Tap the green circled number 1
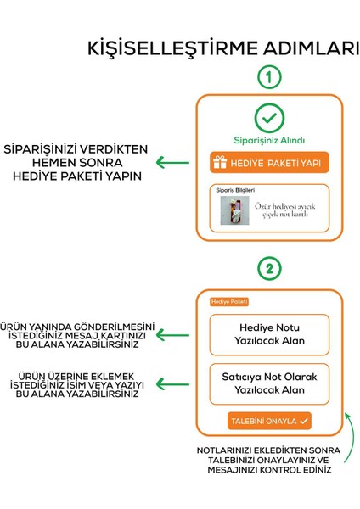pos(268,77)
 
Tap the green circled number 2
pos(268,270)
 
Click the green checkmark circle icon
pos(269,118)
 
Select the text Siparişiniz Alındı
pos(269,140)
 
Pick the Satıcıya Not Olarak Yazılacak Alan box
pos(269,383)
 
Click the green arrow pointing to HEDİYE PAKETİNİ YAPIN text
pos(177,163)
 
